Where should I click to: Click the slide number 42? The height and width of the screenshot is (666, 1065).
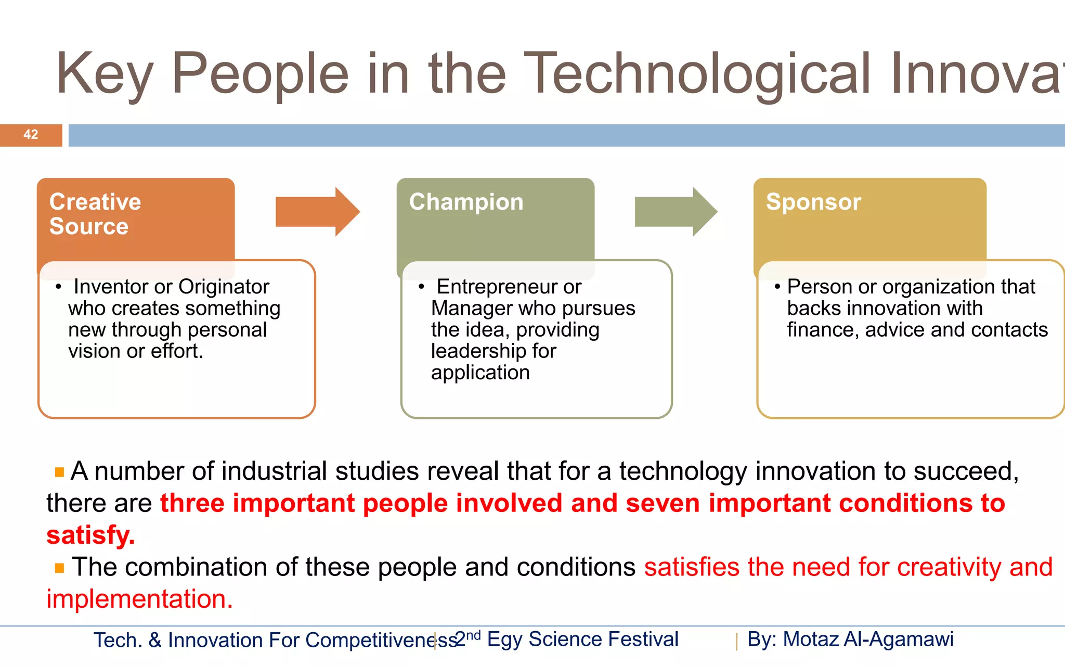31,135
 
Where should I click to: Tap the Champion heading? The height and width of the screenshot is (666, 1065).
466,202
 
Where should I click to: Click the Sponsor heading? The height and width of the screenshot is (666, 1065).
813,202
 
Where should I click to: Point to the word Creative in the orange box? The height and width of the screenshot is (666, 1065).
95,202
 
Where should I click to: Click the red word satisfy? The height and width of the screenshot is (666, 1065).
90,535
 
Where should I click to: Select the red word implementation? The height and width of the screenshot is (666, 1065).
139,599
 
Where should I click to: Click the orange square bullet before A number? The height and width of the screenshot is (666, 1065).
59,472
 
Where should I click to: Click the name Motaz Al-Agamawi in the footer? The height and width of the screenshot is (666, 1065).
868,639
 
